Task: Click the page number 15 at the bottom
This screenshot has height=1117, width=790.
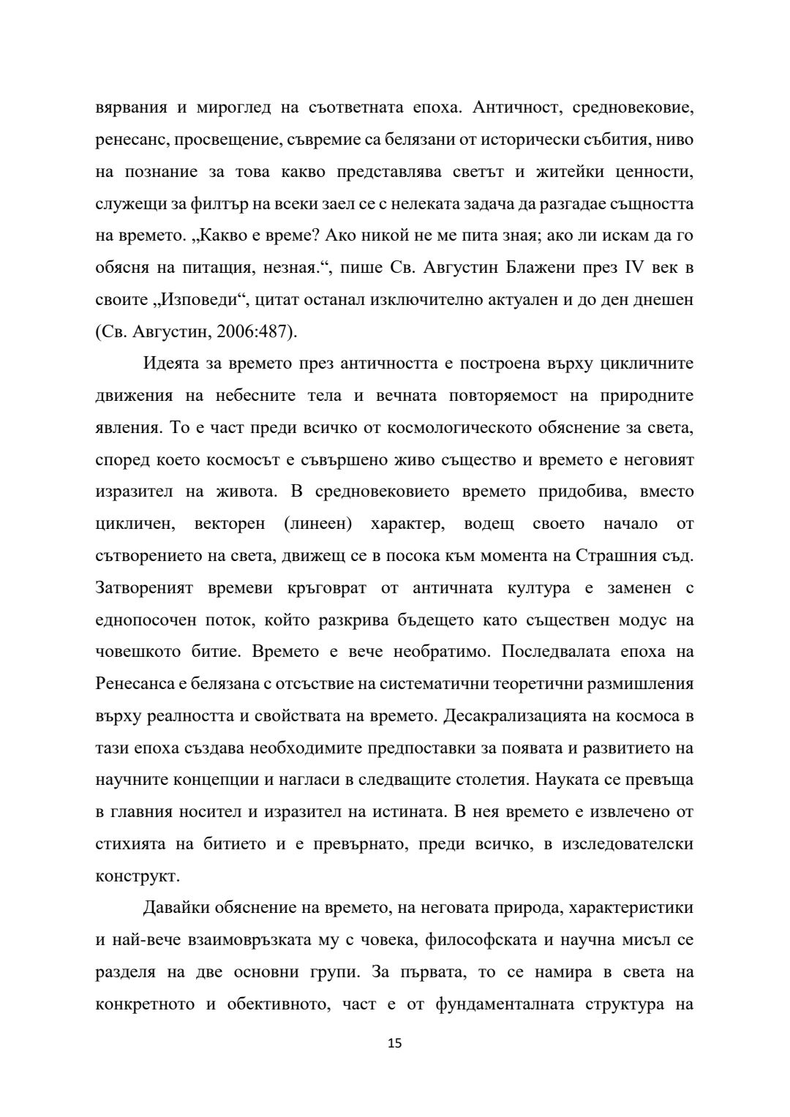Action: click(394, 1043)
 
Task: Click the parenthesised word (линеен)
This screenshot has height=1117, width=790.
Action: click(315, 523)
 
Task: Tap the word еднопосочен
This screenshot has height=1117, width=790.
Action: click(145, 620)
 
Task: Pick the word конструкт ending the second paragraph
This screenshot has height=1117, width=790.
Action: click(136, 876)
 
